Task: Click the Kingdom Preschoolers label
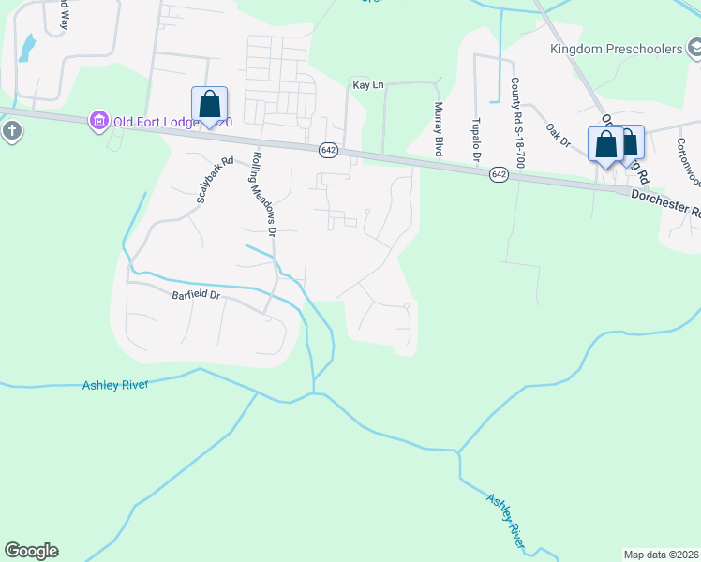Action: click(x=617, y=49)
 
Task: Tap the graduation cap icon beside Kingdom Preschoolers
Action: click(x=694, y=47)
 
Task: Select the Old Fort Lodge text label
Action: click(x=159, y=120)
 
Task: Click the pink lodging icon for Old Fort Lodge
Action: click(x=97, y=120)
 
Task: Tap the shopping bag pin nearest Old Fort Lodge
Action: click(x=209, y=105)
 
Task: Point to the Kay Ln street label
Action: click(x=368, y=85)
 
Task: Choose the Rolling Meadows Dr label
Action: click(x=263, y=193)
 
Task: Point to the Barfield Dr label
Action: click(x=195, y=295)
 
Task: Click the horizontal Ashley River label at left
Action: click(x=115, y=384)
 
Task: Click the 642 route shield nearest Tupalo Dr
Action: click(x=498, y=174)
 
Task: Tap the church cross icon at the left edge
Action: click(x=11, y=130)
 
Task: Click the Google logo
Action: click(x=31, y=551)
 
